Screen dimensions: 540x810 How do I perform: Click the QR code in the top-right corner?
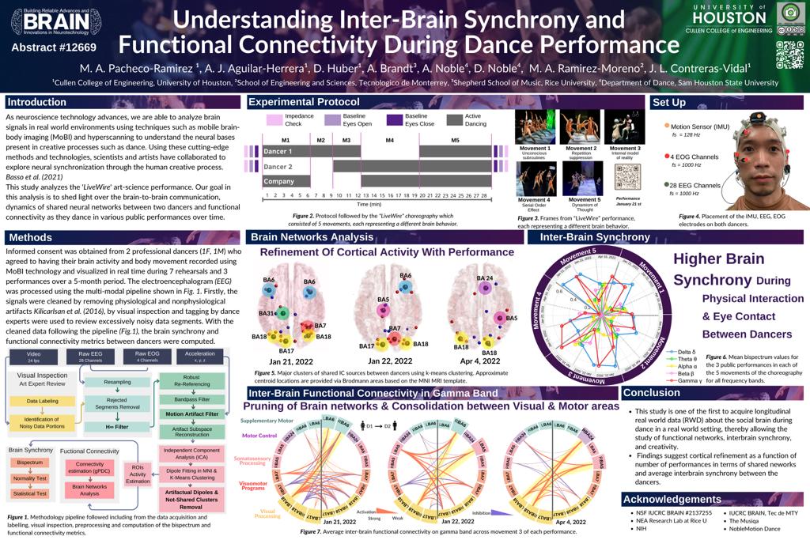click(789, 54)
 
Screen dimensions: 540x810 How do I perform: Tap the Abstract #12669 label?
click(50, 47)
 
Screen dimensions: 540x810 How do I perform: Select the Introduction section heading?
click(37, 102)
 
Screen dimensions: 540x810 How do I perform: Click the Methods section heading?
click(31, 237)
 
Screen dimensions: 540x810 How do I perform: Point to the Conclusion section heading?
click(652, 393)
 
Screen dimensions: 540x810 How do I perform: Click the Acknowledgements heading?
click(673, 499)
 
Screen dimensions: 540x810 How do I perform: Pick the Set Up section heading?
click(668, 103)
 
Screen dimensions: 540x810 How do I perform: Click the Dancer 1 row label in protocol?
click(278, 151)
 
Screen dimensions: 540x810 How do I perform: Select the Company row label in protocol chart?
click(278, 181)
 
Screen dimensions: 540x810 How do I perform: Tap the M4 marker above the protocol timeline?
click(389, 140)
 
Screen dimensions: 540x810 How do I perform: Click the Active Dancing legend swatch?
click(454, 120)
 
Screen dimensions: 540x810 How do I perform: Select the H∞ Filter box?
click(116, 427)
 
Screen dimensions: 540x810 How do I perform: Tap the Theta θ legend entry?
click(685, 359)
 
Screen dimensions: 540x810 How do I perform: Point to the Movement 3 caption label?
click(624, 149)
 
